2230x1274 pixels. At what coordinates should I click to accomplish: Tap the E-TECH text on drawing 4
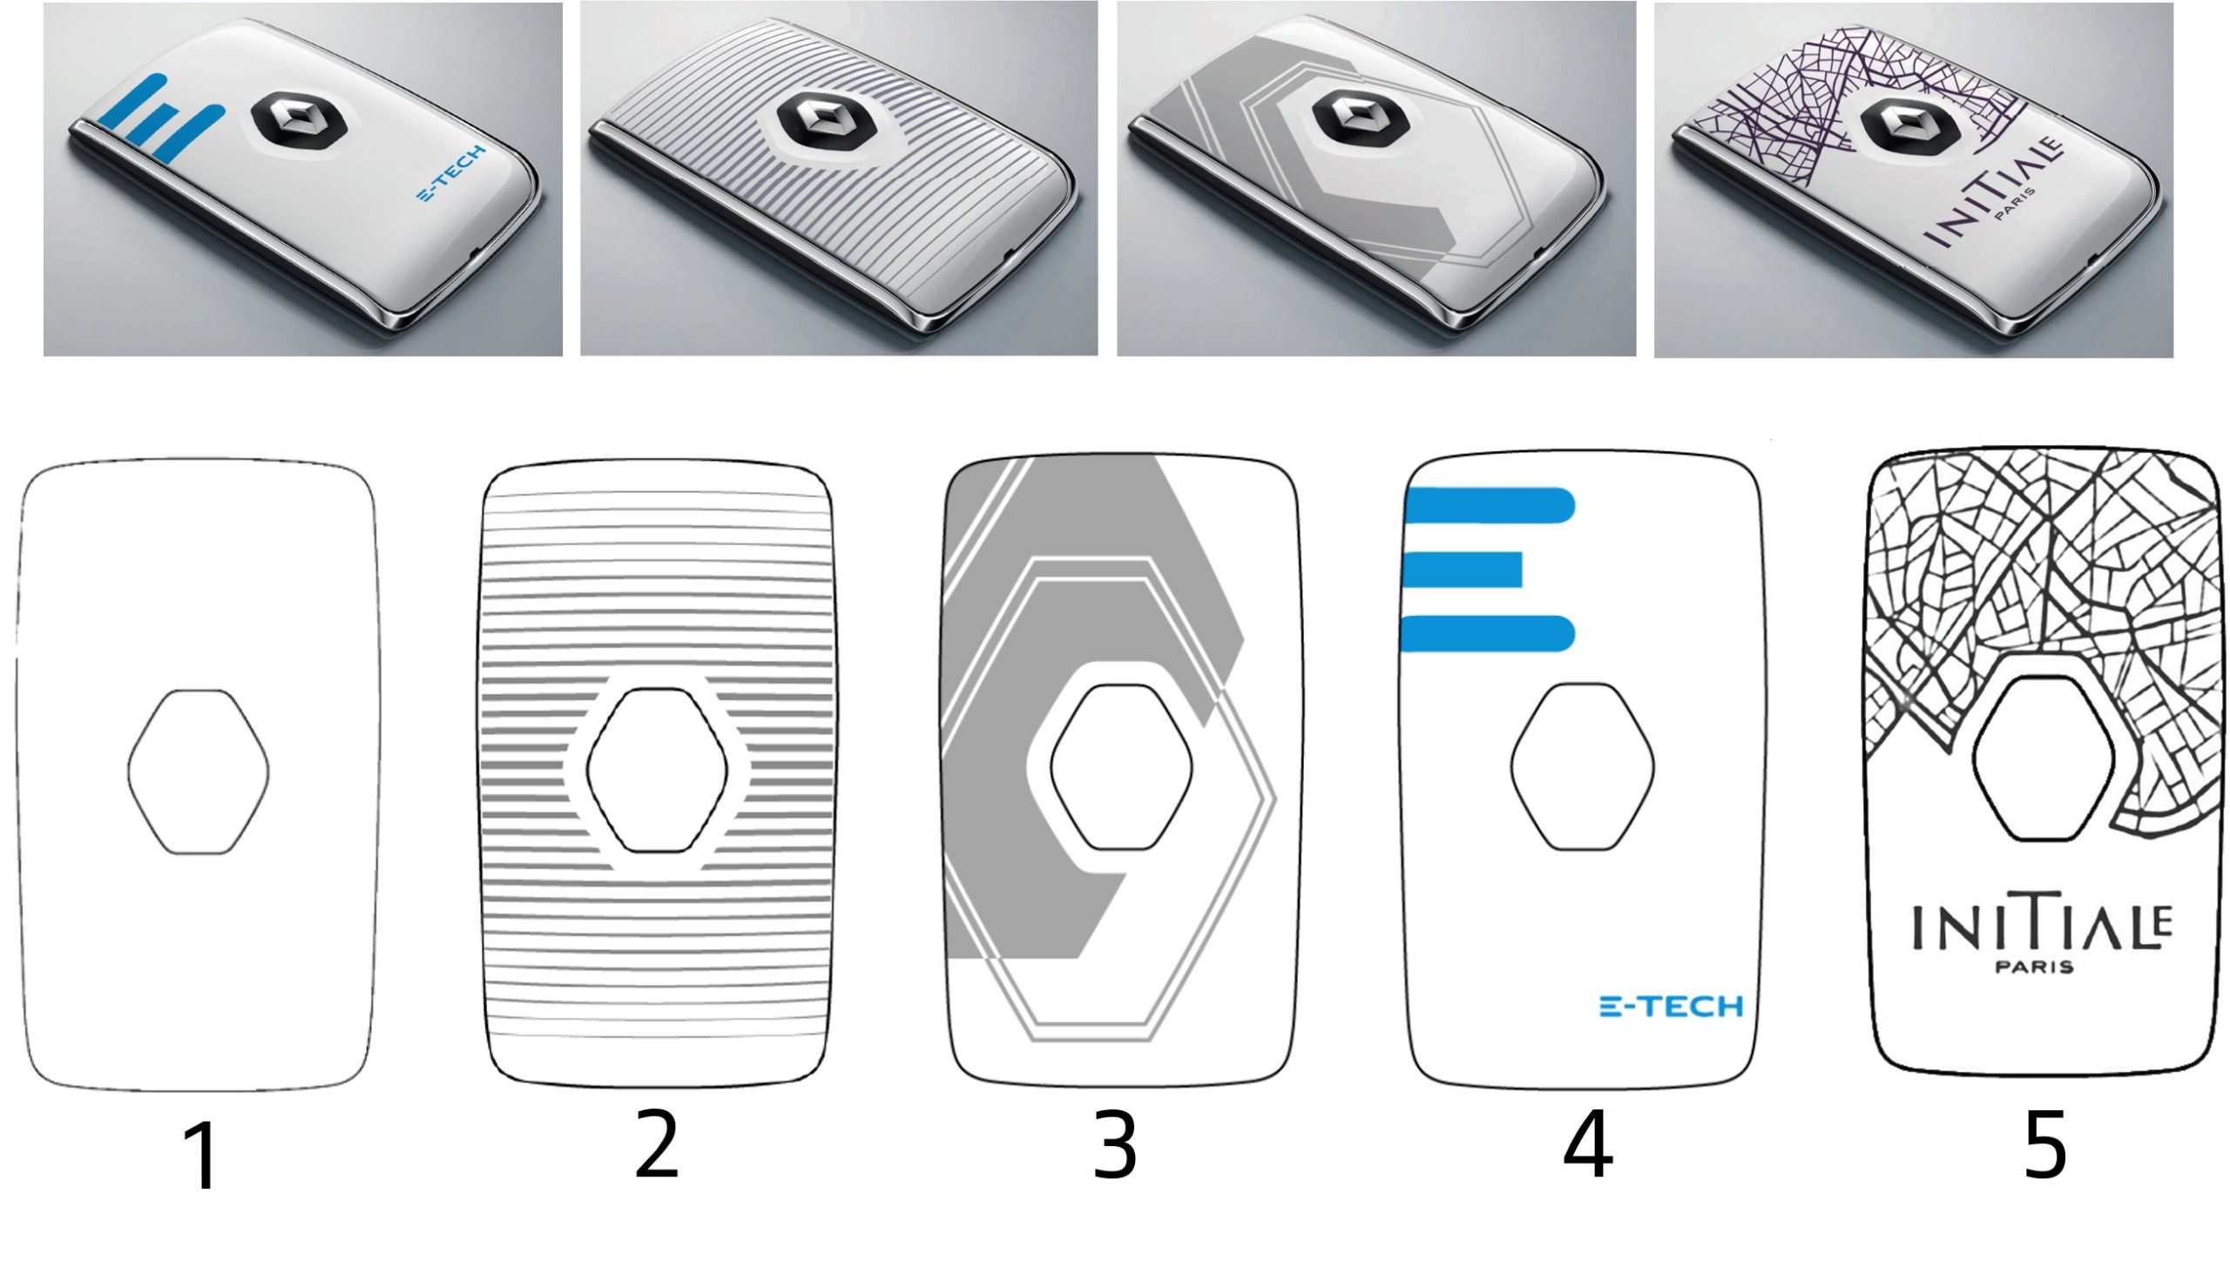[x=1671, y=1007]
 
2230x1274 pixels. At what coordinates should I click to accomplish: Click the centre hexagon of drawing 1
[x=199, y=772]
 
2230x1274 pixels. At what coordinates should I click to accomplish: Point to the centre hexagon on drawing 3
[x=1121, y=766]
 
